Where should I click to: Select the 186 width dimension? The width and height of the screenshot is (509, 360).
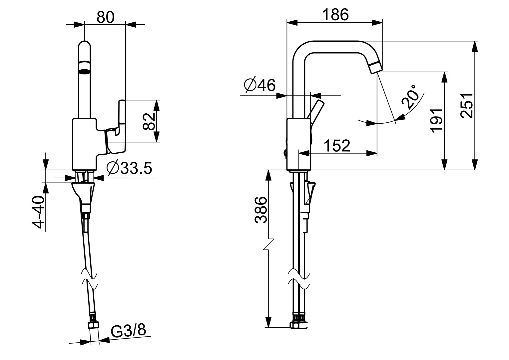point(335,15)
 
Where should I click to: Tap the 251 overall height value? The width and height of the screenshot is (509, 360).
point(467,105)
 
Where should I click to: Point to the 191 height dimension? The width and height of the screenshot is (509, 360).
point(437,120)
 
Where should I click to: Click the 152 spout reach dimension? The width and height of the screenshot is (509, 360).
point(337,145)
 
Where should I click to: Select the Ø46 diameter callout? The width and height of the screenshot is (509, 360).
point(259,86)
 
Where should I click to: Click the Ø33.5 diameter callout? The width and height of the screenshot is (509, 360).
point(129,168)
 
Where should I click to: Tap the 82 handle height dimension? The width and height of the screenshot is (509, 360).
point(149,121)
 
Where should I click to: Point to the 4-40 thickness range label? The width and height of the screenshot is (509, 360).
point(39,212)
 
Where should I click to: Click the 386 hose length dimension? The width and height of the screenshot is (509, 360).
point(261,210)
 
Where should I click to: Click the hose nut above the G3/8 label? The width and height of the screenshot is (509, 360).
point(92,325)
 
